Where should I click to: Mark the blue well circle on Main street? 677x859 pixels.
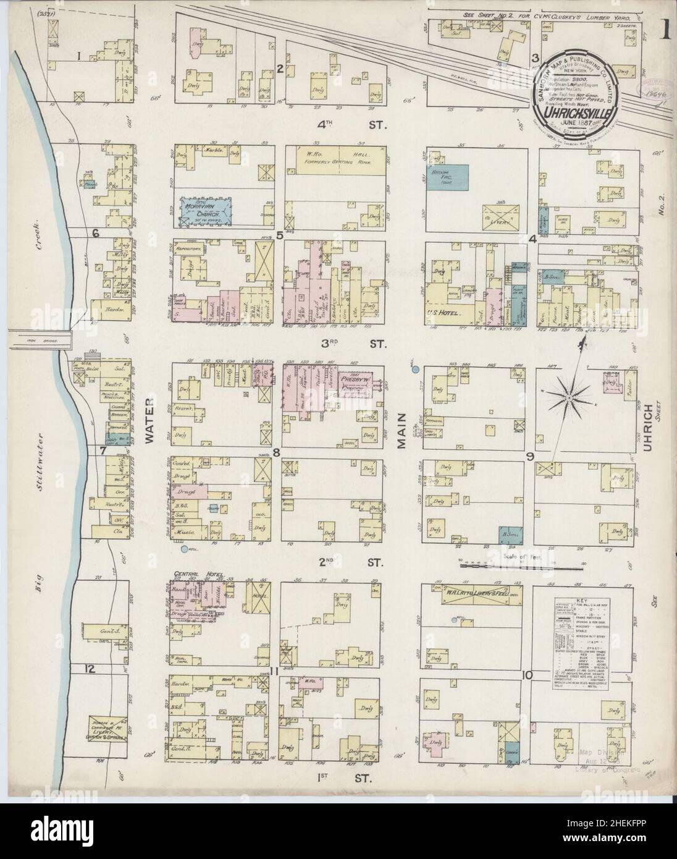tap(416, 369)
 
